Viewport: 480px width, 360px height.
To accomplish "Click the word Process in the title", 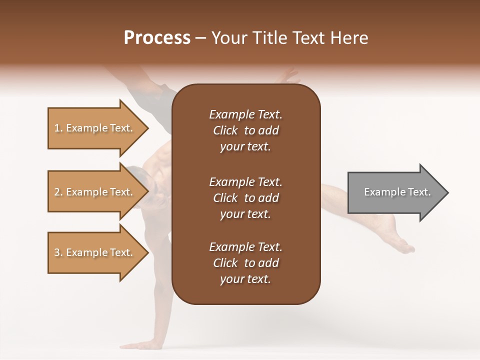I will point(157,38).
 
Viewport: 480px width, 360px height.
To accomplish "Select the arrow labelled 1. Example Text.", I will point(95,128).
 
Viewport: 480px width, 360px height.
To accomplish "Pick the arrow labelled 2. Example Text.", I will point(95,192).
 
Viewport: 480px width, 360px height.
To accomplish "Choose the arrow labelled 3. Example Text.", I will point(95,252).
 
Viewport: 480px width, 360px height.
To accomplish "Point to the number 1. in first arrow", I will point(58,128).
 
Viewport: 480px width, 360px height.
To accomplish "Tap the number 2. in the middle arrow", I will point(58,192).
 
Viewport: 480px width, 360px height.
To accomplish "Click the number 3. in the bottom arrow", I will point(58,252).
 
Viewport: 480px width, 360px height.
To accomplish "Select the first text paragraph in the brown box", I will point(245,130).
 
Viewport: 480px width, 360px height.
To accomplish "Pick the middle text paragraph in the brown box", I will point(245,198).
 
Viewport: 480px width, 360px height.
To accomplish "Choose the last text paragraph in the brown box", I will point(245,263).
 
